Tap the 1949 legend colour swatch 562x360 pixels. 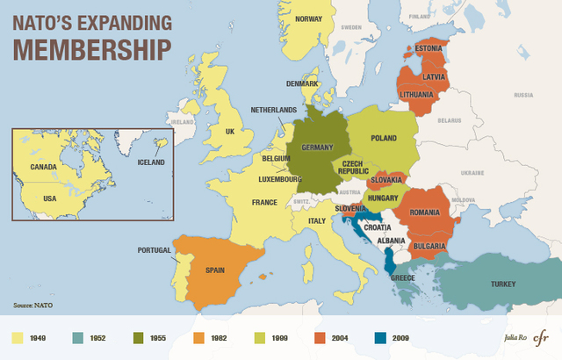17,336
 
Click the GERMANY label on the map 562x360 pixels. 317,147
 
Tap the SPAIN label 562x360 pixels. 217,270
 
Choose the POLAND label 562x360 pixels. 384,138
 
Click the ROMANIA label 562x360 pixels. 424,212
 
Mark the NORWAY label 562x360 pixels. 308,18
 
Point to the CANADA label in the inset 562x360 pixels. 43,166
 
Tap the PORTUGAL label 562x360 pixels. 155,250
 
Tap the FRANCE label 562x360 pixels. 264,202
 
